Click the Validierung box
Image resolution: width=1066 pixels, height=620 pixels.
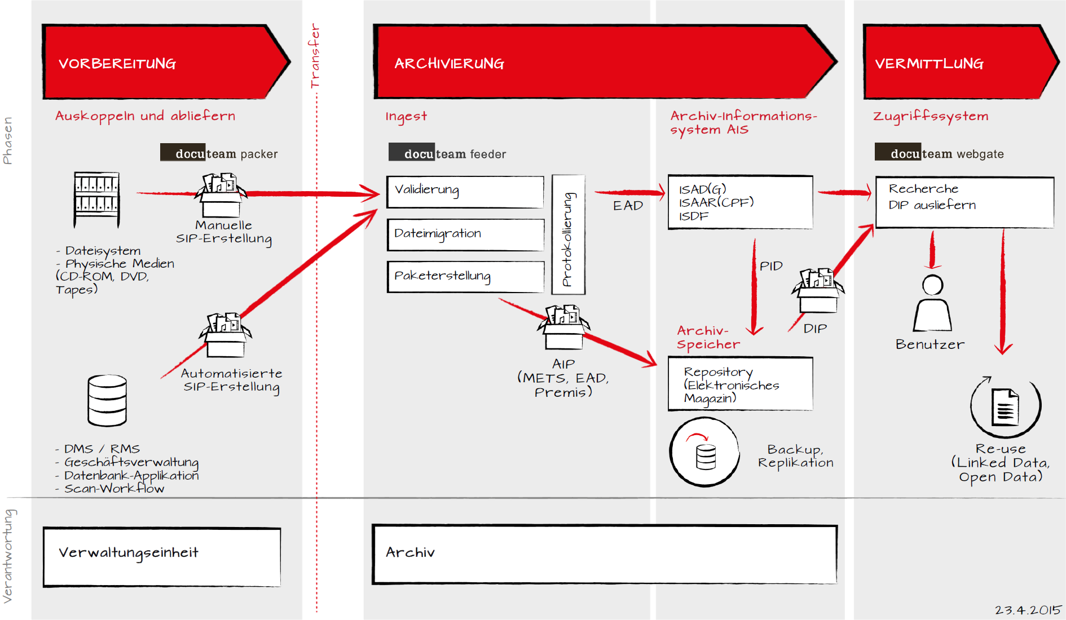point(465,192)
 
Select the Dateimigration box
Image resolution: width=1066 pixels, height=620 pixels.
point(465,234)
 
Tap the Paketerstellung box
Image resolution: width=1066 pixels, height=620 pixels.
point(465,276)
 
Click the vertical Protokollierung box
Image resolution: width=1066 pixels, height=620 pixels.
point(568,234)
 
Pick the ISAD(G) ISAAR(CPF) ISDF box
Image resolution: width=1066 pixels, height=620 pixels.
point(740,202)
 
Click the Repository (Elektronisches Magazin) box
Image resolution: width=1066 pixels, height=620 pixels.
point(740,384)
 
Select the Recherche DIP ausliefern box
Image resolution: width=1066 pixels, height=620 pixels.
point(964,202)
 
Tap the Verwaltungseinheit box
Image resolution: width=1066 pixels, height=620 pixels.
point(162,557)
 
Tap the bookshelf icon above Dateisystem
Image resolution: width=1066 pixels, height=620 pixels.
point(97,199)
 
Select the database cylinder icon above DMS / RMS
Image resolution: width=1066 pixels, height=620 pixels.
point(107,400)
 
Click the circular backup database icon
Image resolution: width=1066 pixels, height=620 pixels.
point(704,452)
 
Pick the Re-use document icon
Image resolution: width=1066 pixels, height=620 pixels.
point(1005,407)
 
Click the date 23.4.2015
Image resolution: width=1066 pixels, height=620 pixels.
point(1028,610)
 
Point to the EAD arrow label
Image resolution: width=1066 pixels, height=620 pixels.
point(628,206)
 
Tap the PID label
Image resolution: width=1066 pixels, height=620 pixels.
point(771,266)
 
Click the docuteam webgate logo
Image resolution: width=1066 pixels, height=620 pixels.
point(939,153)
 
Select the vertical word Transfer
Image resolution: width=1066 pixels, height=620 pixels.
point(315,55)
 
